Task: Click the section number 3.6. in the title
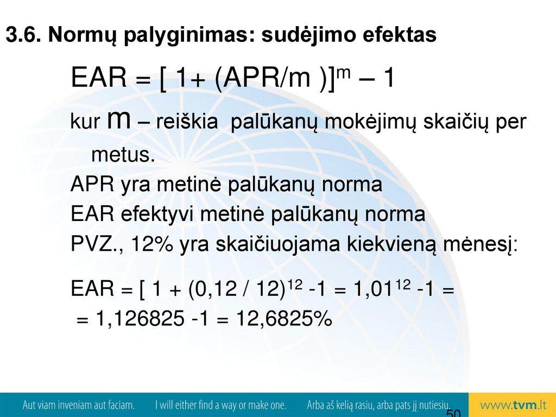23,35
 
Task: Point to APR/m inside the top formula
266,77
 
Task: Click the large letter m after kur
118,120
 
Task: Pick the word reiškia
187,121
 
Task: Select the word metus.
123,155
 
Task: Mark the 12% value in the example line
153,244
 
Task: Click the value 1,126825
140,318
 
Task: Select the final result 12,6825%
284,318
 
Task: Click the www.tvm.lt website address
513,405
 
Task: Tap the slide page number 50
453,413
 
